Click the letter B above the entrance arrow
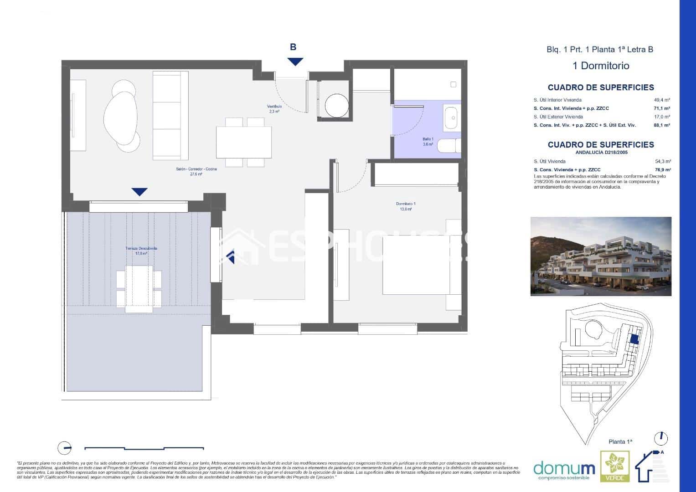293,47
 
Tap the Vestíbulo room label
274,108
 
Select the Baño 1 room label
428,142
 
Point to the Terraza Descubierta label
141,251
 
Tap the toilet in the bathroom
449,146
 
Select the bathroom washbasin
452,118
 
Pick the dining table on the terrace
139,288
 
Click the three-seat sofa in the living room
170,116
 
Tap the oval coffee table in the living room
120,116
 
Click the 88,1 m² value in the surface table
661,125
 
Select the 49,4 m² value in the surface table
662,100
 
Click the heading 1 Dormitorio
600,66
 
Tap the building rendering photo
600,256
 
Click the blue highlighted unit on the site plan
633,338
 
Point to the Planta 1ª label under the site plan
621,441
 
